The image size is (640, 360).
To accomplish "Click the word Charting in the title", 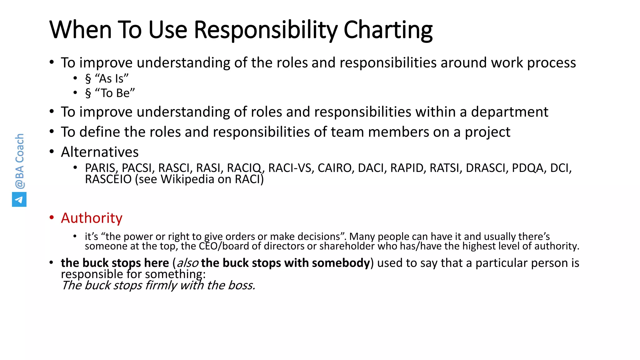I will [388, 30].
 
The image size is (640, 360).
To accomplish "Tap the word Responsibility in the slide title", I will [265, 30].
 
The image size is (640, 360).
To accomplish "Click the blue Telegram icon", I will [19, 199].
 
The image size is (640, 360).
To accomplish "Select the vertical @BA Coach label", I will [19, 161].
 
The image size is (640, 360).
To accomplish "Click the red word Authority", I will [92, 218].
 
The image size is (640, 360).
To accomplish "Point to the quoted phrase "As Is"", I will [112, 78].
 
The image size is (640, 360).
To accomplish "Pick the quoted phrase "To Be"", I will [115, 93].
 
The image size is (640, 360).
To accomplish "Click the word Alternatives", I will [100, 152].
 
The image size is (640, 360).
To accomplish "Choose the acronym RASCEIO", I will [108, 179].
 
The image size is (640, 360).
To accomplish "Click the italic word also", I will [187, 263].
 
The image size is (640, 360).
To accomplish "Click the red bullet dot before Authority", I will [52, 217].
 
